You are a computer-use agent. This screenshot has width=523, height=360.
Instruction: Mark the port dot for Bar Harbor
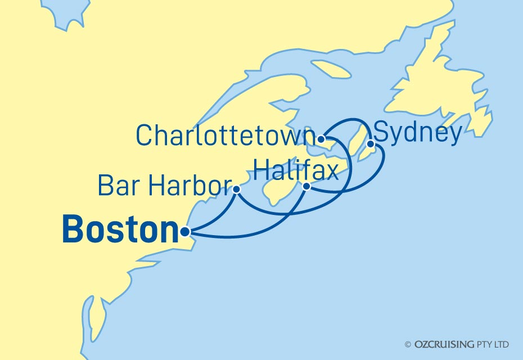pyautogui.click(x=237, y=190)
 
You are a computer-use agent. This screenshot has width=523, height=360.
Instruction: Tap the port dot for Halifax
pyautogui.click(x=306, y=186)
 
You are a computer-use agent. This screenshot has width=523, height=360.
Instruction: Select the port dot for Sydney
pyautogui.click(x=371, y=145)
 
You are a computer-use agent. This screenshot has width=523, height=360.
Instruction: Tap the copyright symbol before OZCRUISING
pyautogui.click(x=408, y=344)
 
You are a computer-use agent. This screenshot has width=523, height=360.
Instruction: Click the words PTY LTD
pyautogui.click(x=495, y=344)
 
